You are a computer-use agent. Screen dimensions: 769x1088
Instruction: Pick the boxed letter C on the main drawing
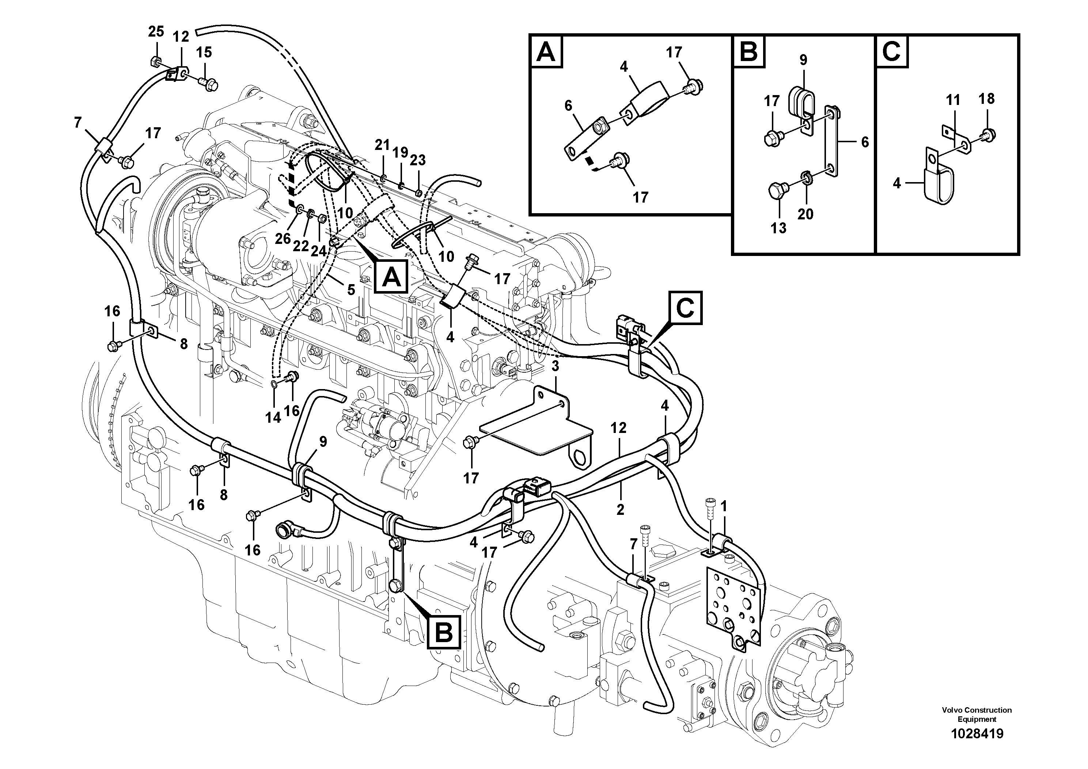685,308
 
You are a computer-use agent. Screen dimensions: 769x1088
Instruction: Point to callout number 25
156,32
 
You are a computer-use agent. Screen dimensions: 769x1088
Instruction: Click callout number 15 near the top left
204,52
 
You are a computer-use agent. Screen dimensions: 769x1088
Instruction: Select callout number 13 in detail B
778,228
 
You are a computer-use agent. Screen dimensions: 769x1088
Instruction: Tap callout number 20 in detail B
805,214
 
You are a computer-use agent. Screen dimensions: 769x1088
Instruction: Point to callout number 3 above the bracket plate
556,366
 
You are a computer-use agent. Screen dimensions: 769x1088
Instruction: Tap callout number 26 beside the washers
283,238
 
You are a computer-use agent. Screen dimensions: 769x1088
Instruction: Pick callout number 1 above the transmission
724,506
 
